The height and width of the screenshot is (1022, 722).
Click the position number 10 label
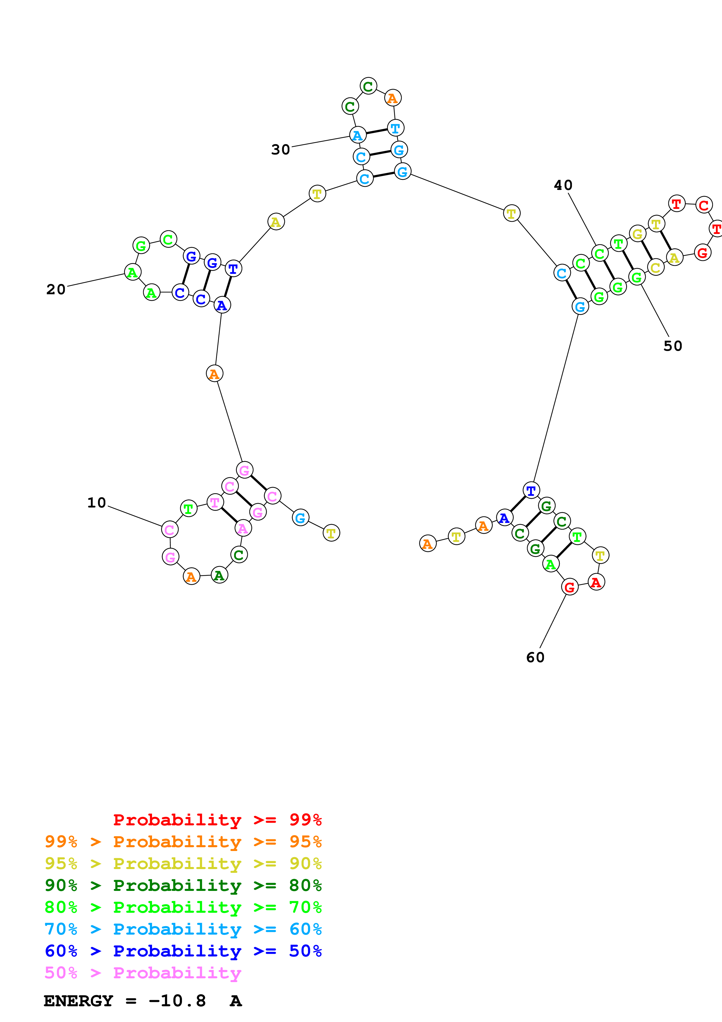pos(96,503)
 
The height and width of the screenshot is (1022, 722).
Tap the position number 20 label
pos(56,290)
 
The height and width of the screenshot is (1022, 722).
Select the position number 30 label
pos(281,149)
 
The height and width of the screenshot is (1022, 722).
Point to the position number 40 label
pos(563,185)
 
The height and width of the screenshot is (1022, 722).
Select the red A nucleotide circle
pos(596,582)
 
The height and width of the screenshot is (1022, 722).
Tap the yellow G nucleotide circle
pos(638,234)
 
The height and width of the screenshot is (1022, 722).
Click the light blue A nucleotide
pos(357,135)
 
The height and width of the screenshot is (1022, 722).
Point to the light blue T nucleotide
pos(395,128)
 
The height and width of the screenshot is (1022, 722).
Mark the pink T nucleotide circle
pos(215,503)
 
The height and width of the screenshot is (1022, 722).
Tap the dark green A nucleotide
pos(219,576)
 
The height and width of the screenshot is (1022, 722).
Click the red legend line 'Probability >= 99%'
pos(218,820)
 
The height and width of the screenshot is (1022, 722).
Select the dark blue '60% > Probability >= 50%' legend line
pos(183,951)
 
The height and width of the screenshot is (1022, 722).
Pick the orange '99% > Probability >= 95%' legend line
pos(183,841)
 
